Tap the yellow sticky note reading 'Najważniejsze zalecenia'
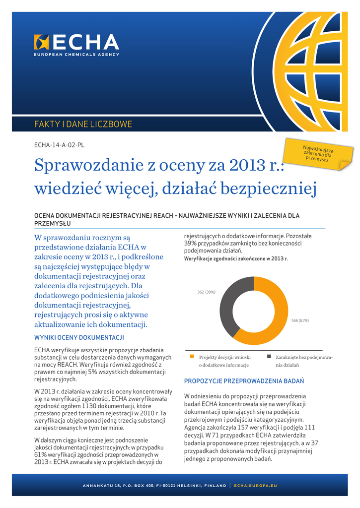pyautogui.click(x=318, y=154)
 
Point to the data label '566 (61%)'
pyautogui.click(x=300, y=320)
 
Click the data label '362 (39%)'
pyautogui.click(x=206, y=292)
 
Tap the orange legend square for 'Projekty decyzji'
pyautogui.click(x=192, y=356)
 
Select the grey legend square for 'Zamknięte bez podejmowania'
pyautogui.click(x=269, y=356)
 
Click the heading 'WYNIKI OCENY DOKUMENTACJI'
pyautogui.click(x=78, y=338)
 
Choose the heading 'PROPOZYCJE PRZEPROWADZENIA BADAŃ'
pyautogui.click(x=244, y=381)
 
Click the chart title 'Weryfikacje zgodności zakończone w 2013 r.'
pyautogui.click(x=236, y=259)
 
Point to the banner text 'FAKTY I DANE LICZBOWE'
pyautogui.click(x=83, y=124)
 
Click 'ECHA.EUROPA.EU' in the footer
pyautogui.click(x=255, y=485)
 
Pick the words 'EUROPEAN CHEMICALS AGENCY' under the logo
pyautogui.click(x=76, y=55)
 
